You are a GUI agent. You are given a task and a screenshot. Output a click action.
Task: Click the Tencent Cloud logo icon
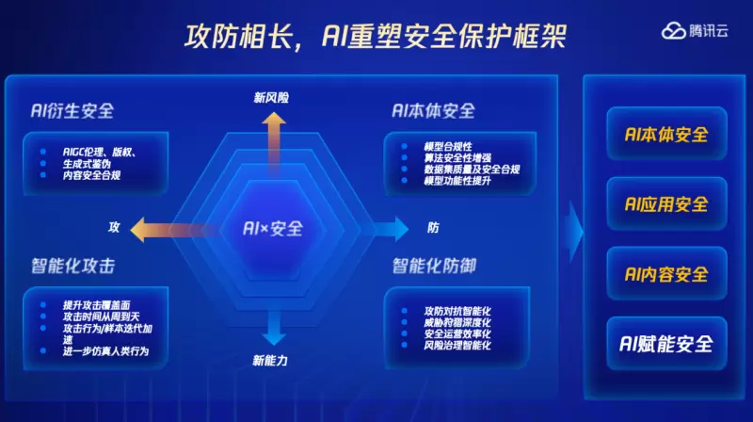(675, 31)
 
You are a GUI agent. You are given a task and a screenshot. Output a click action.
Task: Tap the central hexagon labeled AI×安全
(273, 228)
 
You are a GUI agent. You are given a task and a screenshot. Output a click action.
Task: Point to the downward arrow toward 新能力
(273, 325)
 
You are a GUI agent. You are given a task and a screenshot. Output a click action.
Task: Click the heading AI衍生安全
(72, 111)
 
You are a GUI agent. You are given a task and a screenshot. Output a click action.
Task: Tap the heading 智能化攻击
(72, 267)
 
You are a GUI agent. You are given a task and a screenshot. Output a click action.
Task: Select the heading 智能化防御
(434, 267)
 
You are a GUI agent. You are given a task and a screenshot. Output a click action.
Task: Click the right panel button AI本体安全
(666, 134)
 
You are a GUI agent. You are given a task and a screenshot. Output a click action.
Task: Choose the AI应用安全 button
(666, 203)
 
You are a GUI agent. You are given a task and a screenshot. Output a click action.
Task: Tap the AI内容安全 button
(666, 274)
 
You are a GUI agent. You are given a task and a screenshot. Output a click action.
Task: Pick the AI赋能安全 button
(666, 344)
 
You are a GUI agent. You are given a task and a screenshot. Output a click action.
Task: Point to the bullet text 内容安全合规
(91, 175)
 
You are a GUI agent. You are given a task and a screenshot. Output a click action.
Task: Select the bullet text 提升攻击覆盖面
(97, 305)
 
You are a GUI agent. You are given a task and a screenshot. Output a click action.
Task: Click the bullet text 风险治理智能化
(457, 346)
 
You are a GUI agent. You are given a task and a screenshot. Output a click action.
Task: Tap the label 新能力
(271, 360)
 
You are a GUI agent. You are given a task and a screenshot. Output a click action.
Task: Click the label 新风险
(272, 96)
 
